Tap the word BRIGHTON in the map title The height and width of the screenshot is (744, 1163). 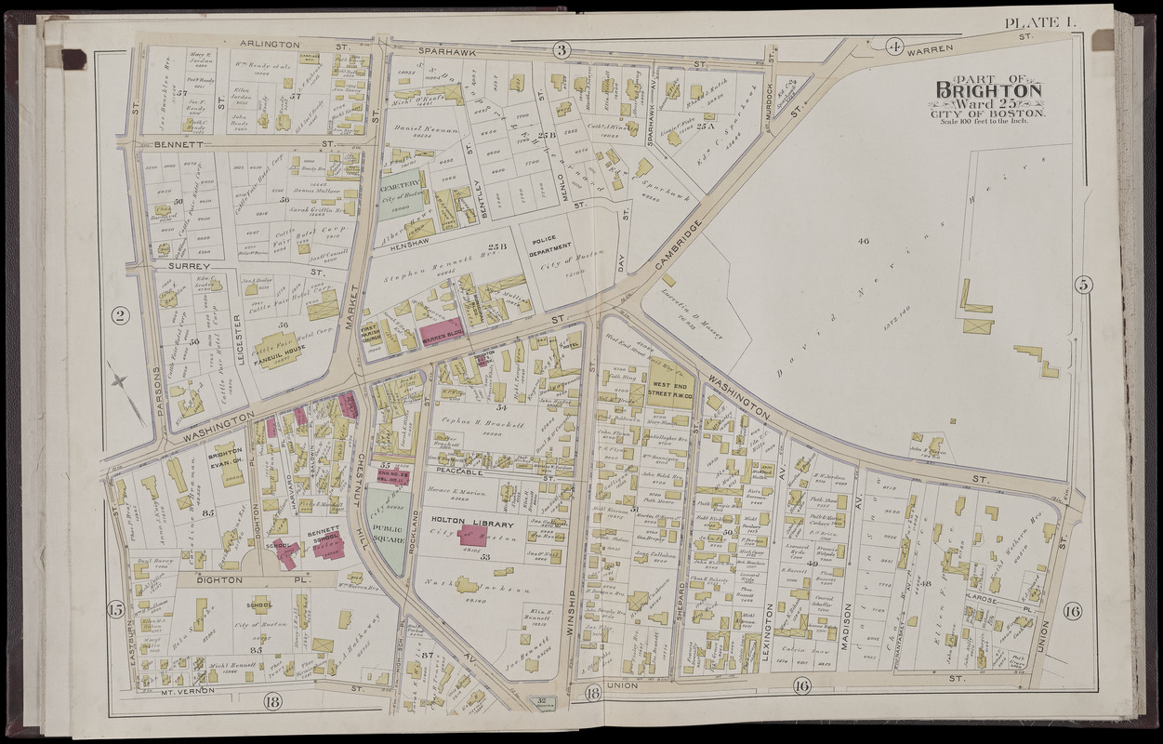pyautogui.click(x=988, y=90)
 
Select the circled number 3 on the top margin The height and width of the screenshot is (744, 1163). pyautogui.click(x=562, y=49)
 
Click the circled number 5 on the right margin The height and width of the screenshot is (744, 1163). pyautogui.click(x=1083, y=285)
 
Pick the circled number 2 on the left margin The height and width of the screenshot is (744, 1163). pyautogui.click(x=119, y=316)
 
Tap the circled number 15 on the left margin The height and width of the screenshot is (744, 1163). pyautogui.click(x=115, y=610)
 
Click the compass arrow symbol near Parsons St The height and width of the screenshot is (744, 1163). pyautogui.click(x=119, y=381)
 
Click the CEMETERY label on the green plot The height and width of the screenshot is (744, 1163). pyautogui.click(x=400, y=186)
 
